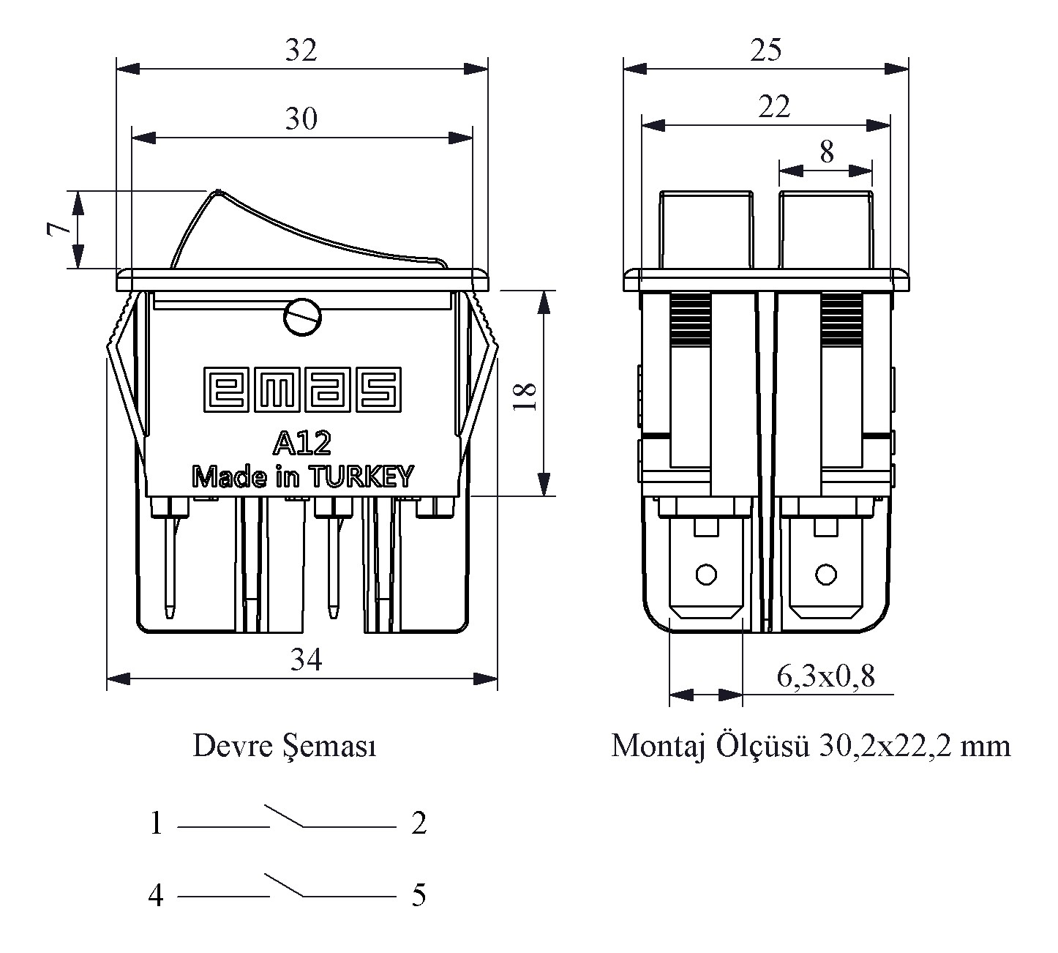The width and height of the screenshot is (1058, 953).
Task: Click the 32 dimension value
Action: click(301, 51)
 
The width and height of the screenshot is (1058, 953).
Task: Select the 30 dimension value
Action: click(301, 119)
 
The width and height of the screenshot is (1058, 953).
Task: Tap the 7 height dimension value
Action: click(59, 229)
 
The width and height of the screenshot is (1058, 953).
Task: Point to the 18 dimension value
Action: click(525, 396)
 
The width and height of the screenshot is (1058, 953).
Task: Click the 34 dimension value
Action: click(306, 660)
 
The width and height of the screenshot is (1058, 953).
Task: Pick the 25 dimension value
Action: click(765, 51)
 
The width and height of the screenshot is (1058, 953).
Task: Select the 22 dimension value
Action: click(773, 108)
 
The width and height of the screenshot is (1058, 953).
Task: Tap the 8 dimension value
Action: click(826, 152)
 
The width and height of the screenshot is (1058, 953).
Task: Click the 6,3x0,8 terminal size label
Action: click(825, 677)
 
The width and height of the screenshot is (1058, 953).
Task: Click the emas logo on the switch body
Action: click(301, 389)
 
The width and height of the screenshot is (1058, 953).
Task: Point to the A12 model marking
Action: click(302, 442)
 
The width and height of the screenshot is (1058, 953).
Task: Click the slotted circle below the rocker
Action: click(301, 317)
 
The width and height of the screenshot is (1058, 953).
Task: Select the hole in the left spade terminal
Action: click(706, 575)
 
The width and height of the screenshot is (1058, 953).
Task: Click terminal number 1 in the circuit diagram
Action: click(156, 824)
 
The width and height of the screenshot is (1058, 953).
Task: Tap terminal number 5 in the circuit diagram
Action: click(419, 895)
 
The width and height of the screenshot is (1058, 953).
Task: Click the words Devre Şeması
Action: click(285, 747)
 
